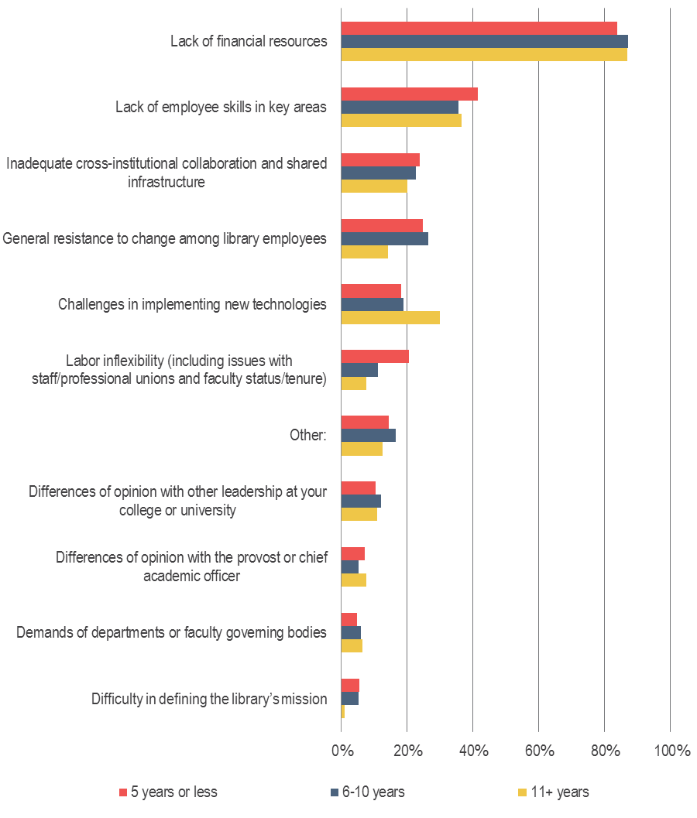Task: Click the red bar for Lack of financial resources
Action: point(479,28)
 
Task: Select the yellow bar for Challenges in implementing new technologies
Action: point(390,317)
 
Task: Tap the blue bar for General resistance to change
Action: point(384,238)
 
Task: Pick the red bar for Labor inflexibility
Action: point(375,357)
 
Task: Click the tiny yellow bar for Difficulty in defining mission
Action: point(343,711)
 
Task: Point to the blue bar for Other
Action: point(368,435)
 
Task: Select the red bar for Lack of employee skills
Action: point(409,94)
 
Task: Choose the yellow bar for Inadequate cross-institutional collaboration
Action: point(374,186)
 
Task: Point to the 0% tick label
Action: point(342,751)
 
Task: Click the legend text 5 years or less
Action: point(174,792)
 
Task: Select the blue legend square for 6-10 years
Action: point(335,792)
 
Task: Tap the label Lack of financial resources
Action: point(249,41)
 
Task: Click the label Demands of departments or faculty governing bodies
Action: point(172,632)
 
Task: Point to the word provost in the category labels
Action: point(244,557)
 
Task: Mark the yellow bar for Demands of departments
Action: point(352,645)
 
